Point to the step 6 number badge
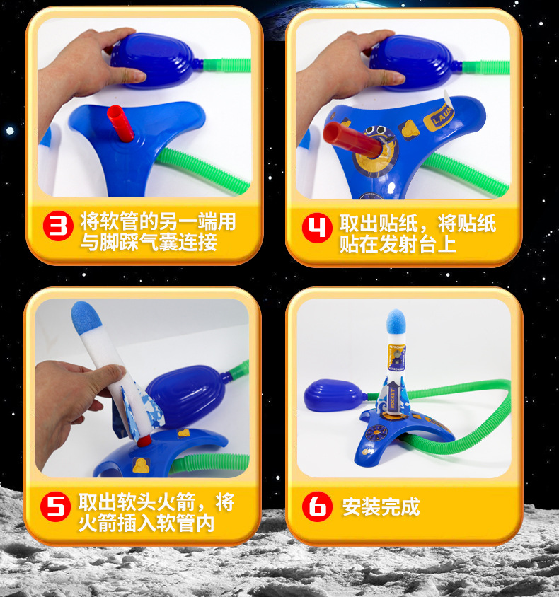click(317, 506)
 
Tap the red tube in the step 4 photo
click(347, 138)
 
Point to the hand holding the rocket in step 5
click(68, 396)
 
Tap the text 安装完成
click(381, 506)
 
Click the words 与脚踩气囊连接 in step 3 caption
click(148, 244)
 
